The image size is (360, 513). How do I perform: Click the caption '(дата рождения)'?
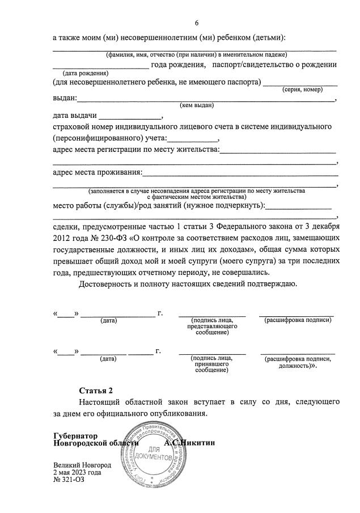click(x=84, y=73)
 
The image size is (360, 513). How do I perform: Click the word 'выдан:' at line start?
click(x=65, y=98)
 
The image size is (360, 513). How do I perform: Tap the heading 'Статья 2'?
click(x=96, y=391)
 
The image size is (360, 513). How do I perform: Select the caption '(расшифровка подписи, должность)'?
click(x=297, y=362)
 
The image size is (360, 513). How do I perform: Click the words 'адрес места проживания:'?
click(x=97, y=172)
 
